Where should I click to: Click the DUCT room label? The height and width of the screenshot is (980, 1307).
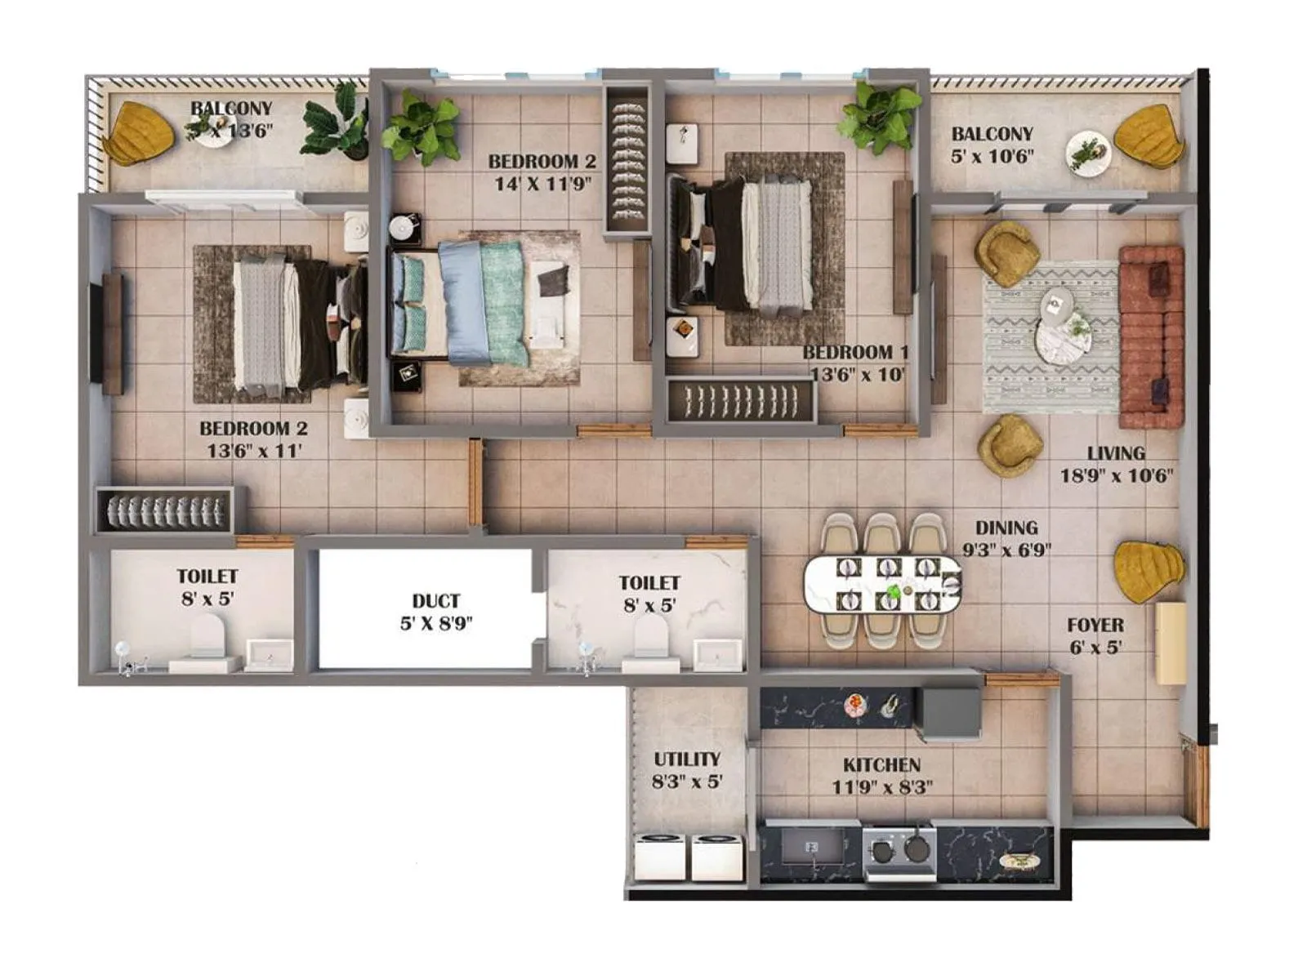tap(435, 602)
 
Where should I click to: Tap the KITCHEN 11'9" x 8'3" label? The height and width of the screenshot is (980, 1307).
tap(881, 776)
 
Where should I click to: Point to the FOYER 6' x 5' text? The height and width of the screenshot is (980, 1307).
tap(1095, 636)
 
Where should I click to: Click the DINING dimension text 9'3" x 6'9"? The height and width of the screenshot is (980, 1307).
tap(1006, 550)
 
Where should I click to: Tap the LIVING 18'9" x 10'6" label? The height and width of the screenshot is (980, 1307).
tap(1116, 464)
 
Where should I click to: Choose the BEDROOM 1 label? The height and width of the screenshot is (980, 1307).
tap(855, 352)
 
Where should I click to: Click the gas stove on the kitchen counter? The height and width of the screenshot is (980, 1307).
tap(899, 849)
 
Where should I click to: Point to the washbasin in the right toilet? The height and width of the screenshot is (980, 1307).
tap(717, 654)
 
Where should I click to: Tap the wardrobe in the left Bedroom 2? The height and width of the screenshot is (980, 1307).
tap(164, 510)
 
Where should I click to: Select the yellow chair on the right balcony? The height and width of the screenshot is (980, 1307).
tap(1149, 137)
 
